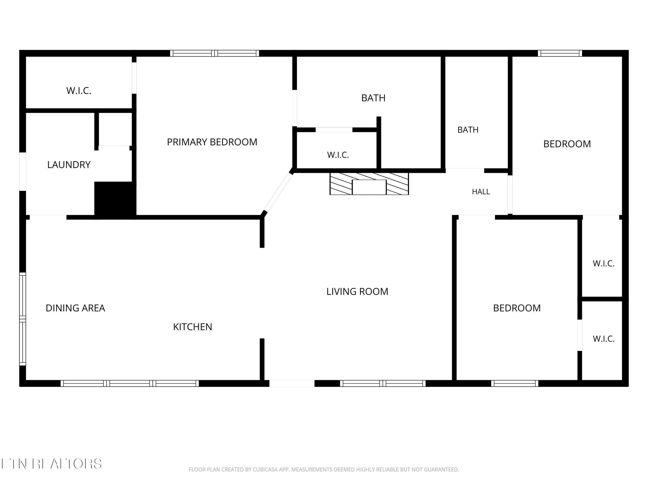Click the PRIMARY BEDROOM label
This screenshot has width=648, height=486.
point(212,142)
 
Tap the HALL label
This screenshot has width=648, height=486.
point(481,192)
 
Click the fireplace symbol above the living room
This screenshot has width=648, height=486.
point(369,184)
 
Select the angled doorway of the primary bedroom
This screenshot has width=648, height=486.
point(278,192)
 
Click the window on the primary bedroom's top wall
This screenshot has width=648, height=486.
point(215,53)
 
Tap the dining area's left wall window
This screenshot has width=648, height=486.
point(22,319)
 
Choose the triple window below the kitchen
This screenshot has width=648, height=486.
point(130,383)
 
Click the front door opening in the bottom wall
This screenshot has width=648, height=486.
point(292,383)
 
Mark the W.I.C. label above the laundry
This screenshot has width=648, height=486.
point(79,91)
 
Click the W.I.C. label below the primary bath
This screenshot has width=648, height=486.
point(338,155)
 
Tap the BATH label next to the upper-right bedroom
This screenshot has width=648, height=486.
point(468,130)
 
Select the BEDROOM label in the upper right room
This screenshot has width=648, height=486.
point(567,144)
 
